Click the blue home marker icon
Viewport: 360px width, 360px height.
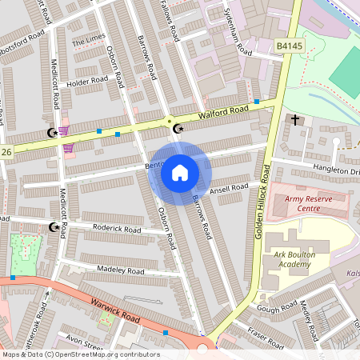tap(180, 172)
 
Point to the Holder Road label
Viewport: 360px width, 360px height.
tap(88, 81)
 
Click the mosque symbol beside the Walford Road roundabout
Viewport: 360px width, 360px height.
tap(178, 128)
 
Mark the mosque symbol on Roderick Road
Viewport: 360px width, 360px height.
tap(54, 227)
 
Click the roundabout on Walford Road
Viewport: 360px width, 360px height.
tap(169, 122)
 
